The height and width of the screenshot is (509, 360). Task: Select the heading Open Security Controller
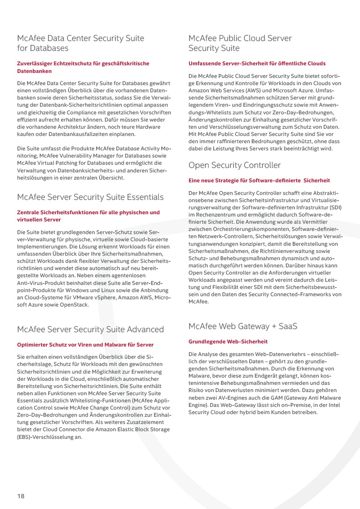pyautogui.click(x=234, y=165)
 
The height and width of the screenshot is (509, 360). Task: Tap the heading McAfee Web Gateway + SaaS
pyautogui.click(x=243, y=326)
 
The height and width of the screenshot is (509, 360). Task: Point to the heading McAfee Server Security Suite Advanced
pyautogui.click(x=90, y=329)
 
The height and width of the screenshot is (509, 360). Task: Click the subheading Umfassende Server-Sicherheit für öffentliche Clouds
pyautogui.click(x=257, y=63)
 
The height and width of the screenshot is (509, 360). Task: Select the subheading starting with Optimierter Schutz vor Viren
pyautogui.click(x=85, y=345)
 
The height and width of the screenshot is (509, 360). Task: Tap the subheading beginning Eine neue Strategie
pyautogui.click(x=259, y=180)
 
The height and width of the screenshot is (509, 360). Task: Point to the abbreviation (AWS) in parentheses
pyautogui.click(x=264, y=90)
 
